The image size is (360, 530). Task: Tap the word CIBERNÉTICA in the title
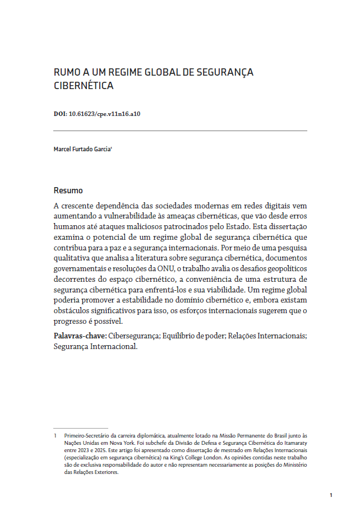coord(84,86)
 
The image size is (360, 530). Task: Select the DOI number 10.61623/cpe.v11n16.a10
coord(104,114)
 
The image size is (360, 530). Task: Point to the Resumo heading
coord(68,190)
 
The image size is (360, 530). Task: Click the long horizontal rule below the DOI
coord(180,131)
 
